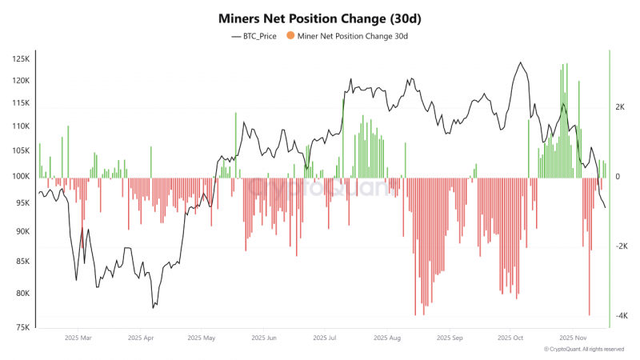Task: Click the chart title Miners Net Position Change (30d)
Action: [319, 18]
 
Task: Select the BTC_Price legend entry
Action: [254, 36]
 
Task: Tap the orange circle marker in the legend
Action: [290, 35]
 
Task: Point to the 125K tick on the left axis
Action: [21, 58]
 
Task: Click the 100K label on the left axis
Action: [21, 176]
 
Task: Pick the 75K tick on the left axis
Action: [22, 327]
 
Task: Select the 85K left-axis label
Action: [22, 262]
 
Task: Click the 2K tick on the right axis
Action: [620, 107]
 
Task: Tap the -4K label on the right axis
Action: [622, 315]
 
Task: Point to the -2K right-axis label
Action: [622, 246]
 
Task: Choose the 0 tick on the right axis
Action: [618, 176]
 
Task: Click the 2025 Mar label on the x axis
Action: [78, 338]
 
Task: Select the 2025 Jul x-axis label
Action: [325, 338]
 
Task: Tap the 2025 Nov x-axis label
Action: [573, 338]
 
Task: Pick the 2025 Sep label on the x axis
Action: [450, 338]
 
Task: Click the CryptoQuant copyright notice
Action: [584, 350]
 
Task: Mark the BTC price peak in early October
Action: [520, 62]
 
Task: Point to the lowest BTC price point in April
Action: [153, 308]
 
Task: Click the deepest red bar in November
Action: [590, 246]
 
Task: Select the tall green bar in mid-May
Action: [235, 146]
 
